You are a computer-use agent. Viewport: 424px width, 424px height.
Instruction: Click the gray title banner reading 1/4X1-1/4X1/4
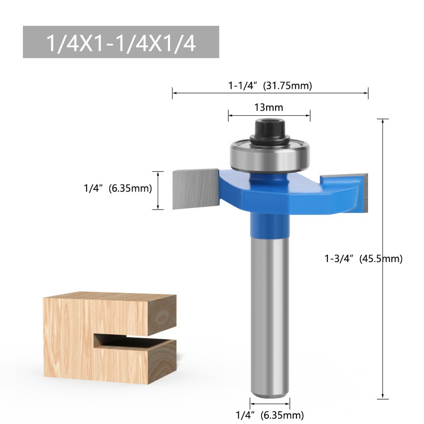[121, 42]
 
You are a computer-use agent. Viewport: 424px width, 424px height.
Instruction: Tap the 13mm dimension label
[269, 107]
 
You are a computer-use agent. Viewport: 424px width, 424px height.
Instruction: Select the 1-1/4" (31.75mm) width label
[270, 86]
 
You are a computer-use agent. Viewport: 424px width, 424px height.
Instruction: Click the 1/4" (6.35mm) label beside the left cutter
[118, 188]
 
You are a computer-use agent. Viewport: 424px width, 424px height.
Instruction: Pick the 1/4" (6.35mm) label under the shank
[269, 415]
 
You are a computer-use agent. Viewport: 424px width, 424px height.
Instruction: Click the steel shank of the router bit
[269, 309]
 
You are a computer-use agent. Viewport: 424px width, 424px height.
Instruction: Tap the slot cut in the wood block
[132, 341]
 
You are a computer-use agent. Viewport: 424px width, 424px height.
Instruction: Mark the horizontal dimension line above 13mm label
[269, 116]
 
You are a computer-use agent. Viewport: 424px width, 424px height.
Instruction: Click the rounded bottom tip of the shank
[269, 393]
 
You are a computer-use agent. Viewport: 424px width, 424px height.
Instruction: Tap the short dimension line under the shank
[270, 403]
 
